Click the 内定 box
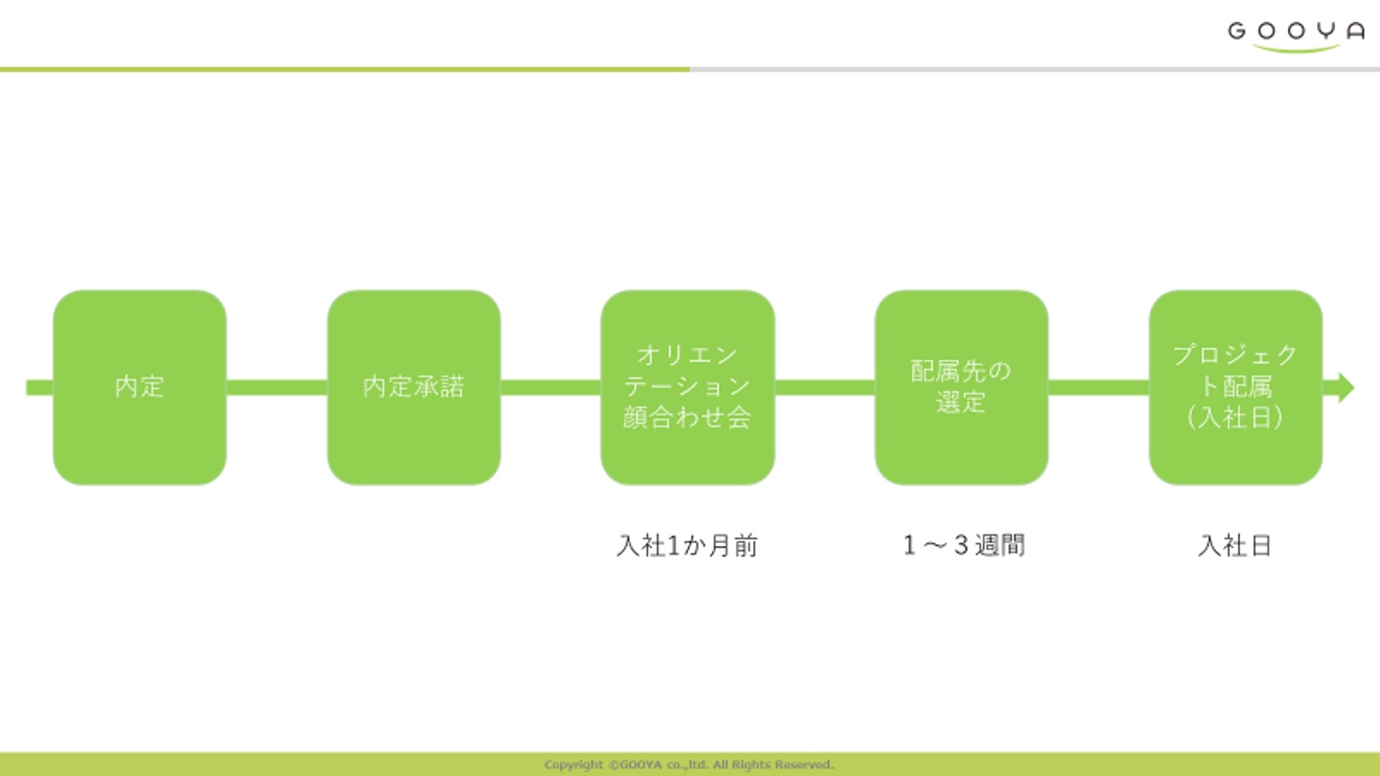pos(140,387)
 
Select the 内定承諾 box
pos(414,387)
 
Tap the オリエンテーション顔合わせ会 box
pos(687,387)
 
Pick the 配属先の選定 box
pos(961,387)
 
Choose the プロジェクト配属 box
pos(1235,387)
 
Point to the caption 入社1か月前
pos(687,546)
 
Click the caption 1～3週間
pos(963,546)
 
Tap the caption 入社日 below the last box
pos(1235,546)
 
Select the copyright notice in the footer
pos(689,765)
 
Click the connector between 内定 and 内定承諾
pos(277,387)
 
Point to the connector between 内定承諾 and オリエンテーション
pos(551,387)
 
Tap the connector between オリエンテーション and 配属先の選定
pos(824,387)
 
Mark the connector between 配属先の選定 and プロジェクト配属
pos(1098,387)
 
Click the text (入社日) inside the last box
pos(1235,418)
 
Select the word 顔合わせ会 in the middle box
pos(687,418)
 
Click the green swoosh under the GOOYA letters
pos(1296,48)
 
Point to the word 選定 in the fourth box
pos(961,402)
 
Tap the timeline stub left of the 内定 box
pos(39,387)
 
